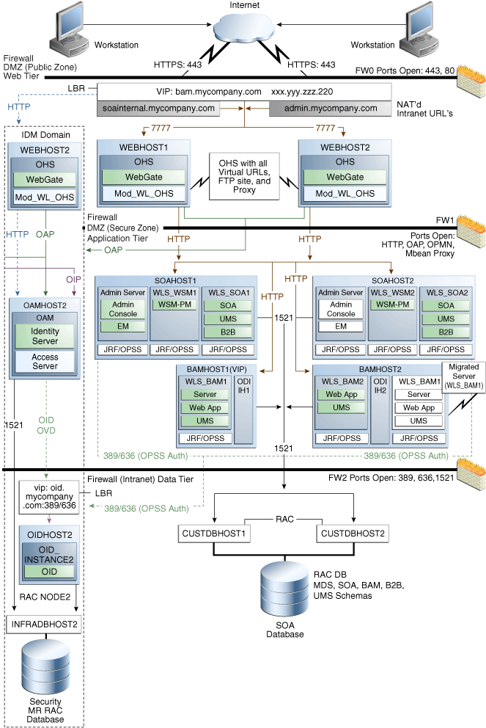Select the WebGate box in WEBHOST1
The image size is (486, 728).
[143, 177]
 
